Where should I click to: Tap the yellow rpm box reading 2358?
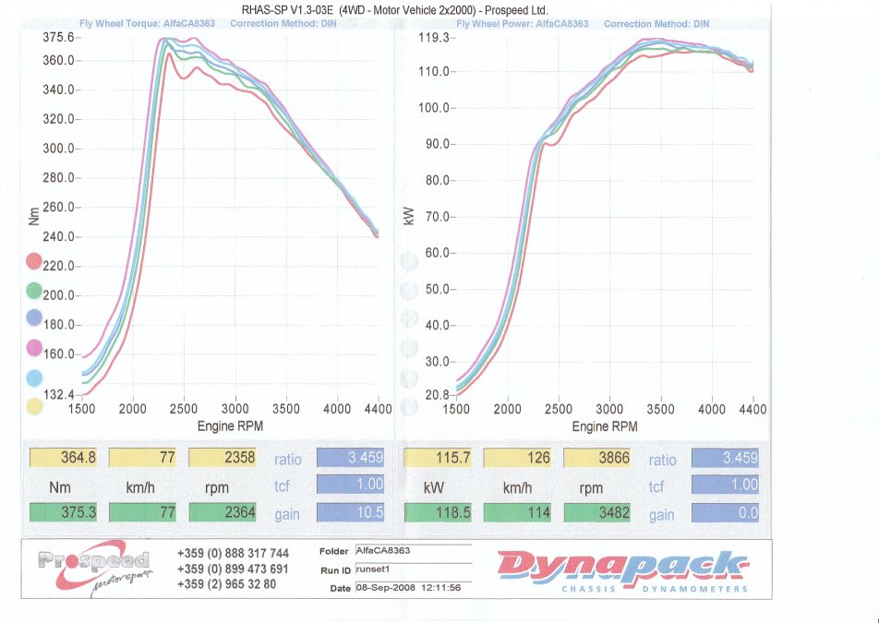point(223,458)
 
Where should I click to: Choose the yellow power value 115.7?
point(438,458)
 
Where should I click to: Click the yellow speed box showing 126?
point(517,458)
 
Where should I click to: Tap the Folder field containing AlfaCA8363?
point(412,551)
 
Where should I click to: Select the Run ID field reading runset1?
point(412,569)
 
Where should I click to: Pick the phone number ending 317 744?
point(233,554)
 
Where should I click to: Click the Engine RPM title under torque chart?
point(229,426)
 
